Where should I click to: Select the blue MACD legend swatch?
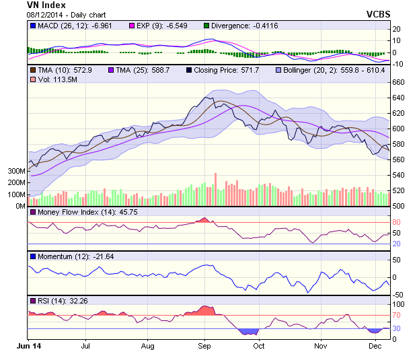32,26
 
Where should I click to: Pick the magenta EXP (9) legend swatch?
132,26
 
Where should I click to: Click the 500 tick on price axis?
398,206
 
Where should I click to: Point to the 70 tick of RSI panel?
397,314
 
